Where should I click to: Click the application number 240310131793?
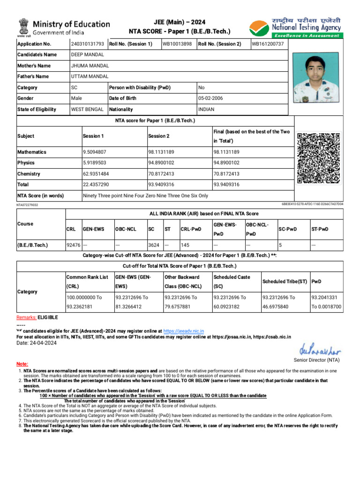87,44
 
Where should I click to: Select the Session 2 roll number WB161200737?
268,44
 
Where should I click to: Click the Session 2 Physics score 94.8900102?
161,163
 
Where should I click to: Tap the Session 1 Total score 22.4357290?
96,185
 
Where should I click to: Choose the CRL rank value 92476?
73,245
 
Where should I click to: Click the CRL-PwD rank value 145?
185,245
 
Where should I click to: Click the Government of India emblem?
23,27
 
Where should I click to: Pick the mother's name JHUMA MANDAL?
90,66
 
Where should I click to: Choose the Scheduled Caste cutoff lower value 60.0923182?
230,307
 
